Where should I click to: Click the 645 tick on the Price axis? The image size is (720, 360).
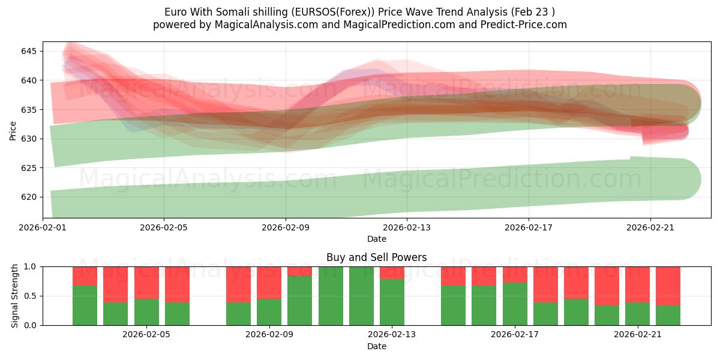pos(28,51)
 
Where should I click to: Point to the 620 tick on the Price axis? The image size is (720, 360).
pos(28,197)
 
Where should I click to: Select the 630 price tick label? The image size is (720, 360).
pos(28,139)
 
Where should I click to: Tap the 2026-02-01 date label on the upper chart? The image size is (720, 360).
pos(43,227)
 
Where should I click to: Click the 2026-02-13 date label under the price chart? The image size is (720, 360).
pos(407,227)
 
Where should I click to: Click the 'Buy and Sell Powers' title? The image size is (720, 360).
pos(376,257)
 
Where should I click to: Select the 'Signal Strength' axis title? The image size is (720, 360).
pos(15,296)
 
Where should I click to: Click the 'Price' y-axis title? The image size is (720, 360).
pos(13,130)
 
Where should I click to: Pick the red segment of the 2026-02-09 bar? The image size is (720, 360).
pos(269,282)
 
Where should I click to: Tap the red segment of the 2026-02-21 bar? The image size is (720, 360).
pos(637,284)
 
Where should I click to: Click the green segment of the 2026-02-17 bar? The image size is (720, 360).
pos(515,304)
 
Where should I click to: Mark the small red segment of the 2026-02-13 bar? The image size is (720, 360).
pos(392,272)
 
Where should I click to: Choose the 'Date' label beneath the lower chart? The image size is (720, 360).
pos(376,346)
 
